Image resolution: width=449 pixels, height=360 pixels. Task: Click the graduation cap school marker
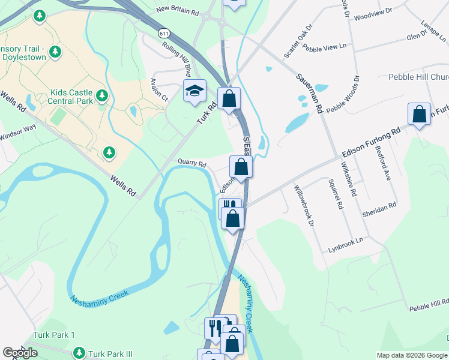pos(194,91)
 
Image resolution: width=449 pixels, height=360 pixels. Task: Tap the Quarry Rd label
pos(192,163)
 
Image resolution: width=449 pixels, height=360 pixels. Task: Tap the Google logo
pos(20,353)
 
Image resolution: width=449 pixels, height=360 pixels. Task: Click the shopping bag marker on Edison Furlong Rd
pos(419,114)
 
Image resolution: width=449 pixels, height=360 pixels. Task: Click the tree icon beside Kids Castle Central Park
pos(102,95)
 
